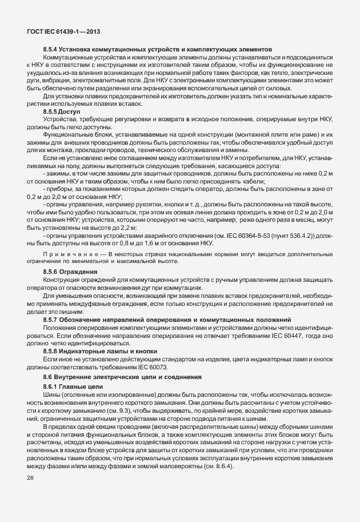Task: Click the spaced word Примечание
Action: click(64, 254)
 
